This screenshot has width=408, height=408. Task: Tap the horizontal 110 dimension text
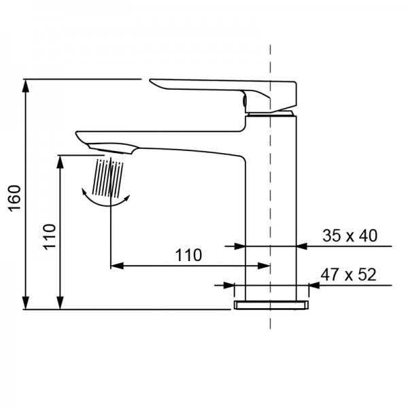(x=188, y=256)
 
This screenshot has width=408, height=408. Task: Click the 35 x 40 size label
(x=349, y=236)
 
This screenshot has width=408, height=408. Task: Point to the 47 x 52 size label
(x=349, y=275)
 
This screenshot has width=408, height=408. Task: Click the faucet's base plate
(x=271, y=305)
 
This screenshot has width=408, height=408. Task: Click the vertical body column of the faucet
(x=271, y=204)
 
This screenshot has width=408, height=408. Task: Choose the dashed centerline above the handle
(x=271, y=58)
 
